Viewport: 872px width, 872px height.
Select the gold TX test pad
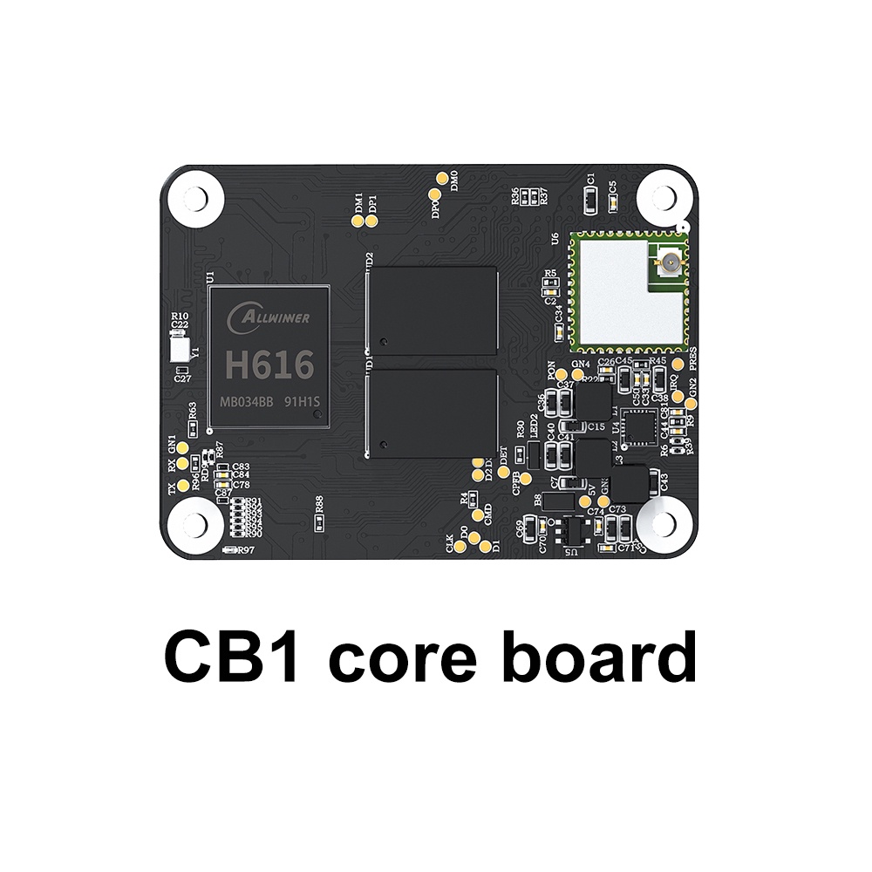pos(182,485)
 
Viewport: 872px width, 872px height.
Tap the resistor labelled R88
pos(319,522)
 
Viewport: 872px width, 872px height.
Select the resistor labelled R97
pos(232,550)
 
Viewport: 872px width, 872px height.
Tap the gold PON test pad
pos(562,375)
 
